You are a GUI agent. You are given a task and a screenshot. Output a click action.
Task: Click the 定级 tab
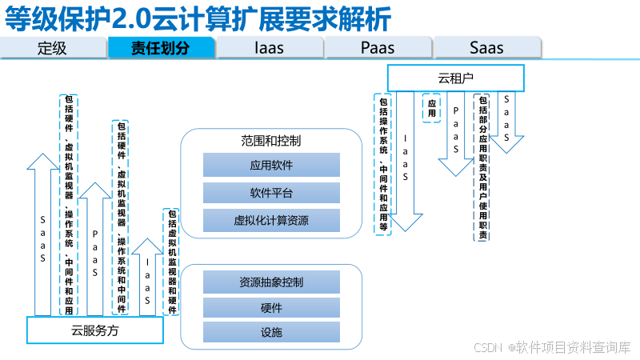point(53,47)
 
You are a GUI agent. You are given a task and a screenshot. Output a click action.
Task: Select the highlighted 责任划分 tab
point(161,47)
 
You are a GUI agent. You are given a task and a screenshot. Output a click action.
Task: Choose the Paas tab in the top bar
point(378,47)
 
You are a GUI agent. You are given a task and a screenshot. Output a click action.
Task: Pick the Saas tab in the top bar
point(486,47)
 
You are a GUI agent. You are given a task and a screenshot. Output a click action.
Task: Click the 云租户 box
point(455,78)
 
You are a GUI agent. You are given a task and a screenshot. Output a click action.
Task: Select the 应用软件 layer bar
point(271,166)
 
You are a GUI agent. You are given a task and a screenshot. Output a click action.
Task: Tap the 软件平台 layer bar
point(271,193)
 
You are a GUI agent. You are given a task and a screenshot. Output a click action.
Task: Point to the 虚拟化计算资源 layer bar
point(271,220)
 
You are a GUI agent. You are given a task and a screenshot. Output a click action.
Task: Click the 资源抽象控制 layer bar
point(271,282)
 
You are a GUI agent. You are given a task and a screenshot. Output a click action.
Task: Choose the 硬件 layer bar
point(271,308)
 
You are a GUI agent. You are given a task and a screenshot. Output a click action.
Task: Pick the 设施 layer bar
point(271,333)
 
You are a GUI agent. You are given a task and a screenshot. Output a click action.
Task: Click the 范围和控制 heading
point(270,141)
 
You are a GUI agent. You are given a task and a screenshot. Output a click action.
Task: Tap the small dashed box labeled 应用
point(432,108)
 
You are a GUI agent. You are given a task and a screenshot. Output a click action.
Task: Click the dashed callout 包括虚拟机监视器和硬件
point(170,262)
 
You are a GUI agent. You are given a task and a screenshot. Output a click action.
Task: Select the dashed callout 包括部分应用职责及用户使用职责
point(482,167)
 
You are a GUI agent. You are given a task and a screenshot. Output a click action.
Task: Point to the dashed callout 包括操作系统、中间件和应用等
point(383,164)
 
